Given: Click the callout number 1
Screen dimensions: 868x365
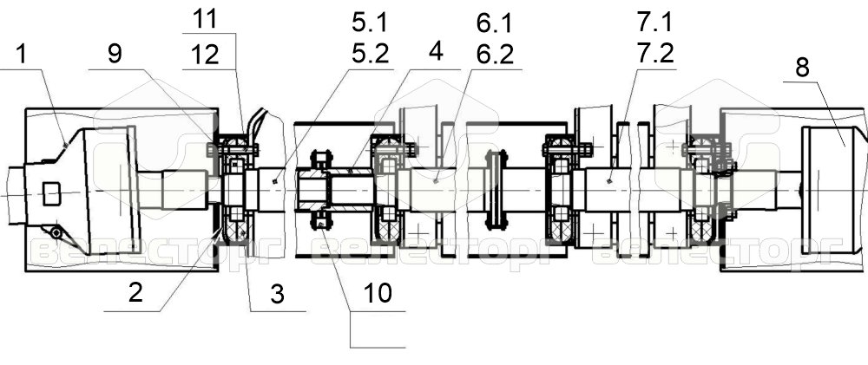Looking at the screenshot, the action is [21, 55].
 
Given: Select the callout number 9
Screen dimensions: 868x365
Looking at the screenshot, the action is [115, 55].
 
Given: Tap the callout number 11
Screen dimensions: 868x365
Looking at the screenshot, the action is [206, 21].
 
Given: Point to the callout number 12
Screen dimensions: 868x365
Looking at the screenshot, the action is [206, 55].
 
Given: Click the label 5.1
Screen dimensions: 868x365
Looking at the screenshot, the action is [371, 23].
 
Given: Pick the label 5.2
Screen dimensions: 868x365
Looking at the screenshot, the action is [371, 55].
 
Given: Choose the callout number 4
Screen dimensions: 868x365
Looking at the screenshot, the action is [436, 52].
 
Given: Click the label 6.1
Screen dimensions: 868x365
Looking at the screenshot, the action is [495, 23].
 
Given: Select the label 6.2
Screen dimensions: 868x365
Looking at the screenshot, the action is [495, 55].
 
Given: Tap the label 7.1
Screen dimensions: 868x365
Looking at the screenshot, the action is [654, 23].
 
